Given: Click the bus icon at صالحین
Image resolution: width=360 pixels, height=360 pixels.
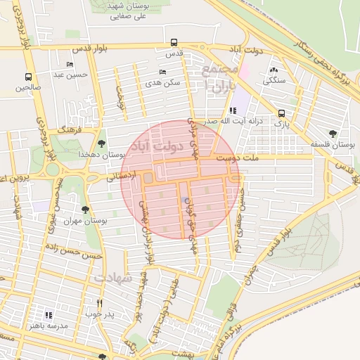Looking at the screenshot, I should tap(29, 77).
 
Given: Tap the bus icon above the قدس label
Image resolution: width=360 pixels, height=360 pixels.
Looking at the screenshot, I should tap(174, 42).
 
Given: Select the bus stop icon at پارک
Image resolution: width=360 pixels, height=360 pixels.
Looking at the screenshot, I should tap(281, 112).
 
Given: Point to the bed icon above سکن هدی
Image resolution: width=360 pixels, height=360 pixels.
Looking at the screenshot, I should tap(162, 72).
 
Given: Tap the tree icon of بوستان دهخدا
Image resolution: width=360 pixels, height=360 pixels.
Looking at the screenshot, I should tap(103, 143).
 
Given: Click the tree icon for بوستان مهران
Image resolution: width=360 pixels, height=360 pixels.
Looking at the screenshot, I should tap(85, 210).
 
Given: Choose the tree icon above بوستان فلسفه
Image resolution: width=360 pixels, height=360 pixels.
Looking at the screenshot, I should tap(332, 134).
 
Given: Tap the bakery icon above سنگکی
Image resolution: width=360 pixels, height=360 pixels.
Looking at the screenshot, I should tap(274, 70).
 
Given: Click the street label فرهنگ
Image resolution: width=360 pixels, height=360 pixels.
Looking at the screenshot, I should tap(71, 131).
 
